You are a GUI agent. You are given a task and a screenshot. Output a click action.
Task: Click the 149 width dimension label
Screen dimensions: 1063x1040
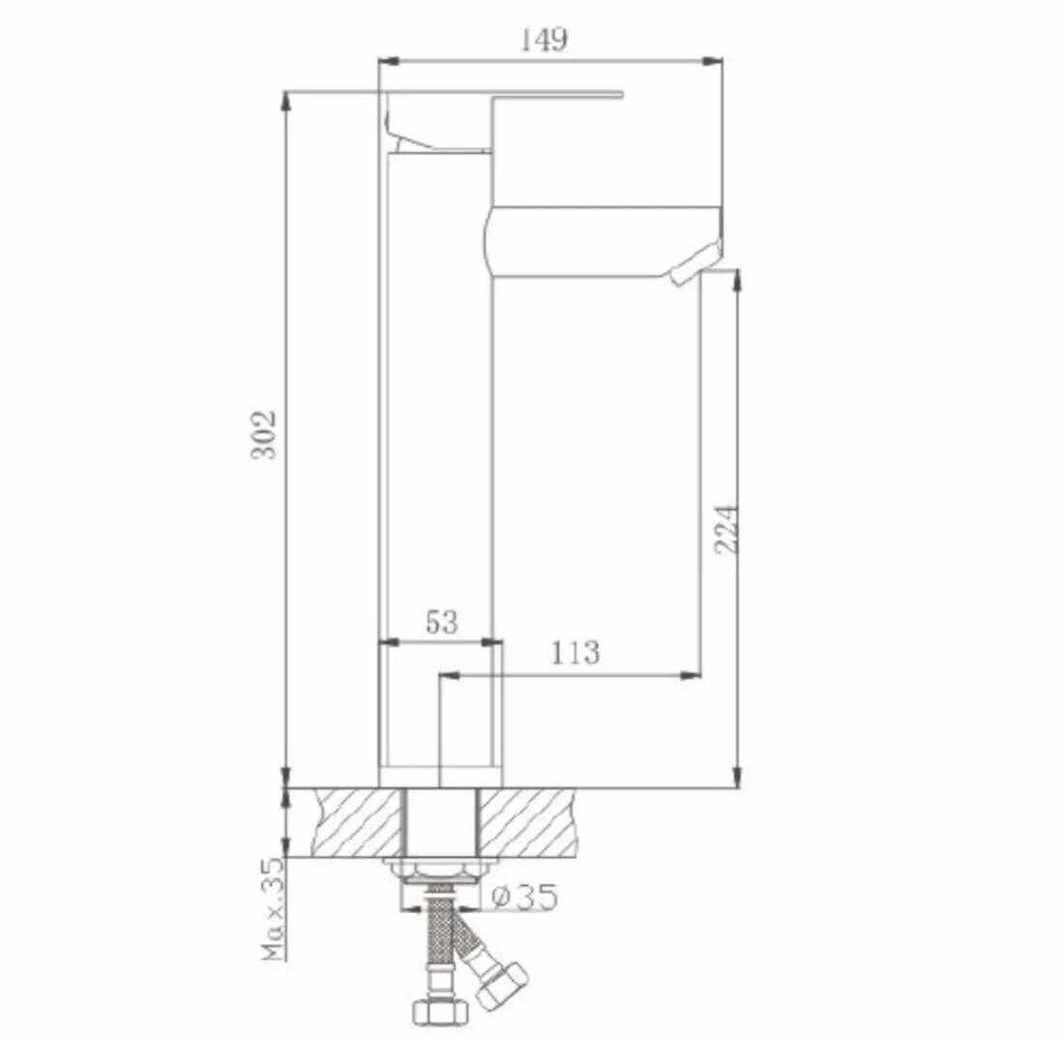[x=544, y=40]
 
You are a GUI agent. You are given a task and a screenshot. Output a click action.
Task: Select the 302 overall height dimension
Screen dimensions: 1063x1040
[x=264, y=434]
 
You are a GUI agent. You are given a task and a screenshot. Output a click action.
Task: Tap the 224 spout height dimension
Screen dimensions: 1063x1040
[x=726, y=529]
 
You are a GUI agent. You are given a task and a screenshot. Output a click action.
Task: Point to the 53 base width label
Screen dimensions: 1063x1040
[x=442, y=621]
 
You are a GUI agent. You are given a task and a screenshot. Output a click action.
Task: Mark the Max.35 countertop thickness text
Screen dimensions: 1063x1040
[x=274, y=908]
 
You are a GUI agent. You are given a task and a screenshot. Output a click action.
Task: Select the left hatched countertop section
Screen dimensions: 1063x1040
[x=357, y=822]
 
